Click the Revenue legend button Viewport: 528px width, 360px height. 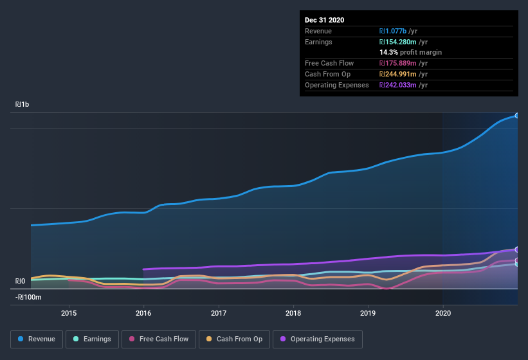point(36,339)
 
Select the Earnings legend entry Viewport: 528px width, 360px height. point(92,339)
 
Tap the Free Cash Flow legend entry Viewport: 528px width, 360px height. point(159,339)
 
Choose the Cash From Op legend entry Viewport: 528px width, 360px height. point(234,339)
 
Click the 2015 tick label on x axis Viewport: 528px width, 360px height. point(69,313)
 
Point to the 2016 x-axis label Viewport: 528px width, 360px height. point(143,313)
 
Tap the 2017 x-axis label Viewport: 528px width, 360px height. point(219,313)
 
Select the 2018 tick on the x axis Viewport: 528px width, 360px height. point(293,313)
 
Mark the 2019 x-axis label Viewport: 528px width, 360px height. point(368,313)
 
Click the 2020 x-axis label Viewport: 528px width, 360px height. point(443,313)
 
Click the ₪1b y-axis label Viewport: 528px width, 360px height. point(22,104)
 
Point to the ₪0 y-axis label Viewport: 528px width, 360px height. point(20,281)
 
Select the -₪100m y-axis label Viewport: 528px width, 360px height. point(28,297)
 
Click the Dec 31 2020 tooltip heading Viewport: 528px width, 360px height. point(324,20)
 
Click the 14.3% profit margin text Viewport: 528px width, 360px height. point(410,52)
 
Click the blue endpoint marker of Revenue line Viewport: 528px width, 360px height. point(517,116)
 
